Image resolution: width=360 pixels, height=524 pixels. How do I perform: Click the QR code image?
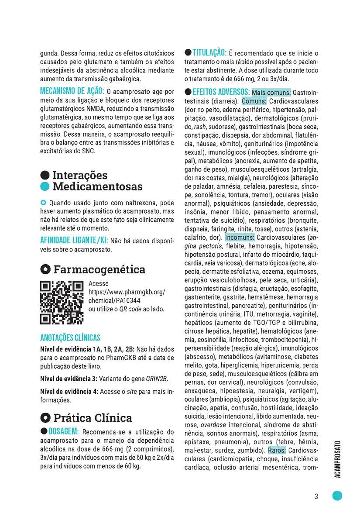62,303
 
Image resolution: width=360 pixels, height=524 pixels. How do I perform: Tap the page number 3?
316,496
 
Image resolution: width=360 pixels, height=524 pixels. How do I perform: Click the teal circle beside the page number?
337,496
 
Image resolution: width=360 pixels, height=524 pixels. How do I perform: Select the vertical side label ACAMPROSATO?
338,458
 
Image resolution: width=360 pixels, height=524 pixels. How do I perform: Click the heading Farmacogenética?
99,269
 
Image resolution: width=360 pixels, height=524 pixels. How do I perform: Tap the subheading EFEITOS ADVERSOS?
221,93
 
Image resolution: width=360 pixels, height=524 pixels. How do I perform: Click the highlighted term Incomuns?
240,238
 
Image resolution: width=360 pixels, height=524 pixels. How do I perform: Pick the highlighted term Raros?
277,450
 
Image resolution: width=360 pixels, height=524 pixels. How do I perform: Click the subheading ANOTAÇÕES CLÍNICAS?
70,338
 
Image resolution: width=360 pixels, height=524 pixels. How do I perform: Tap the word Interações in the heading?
80,176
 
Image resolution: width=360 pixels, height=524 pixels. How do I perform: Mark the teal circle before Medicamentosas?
45,187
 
